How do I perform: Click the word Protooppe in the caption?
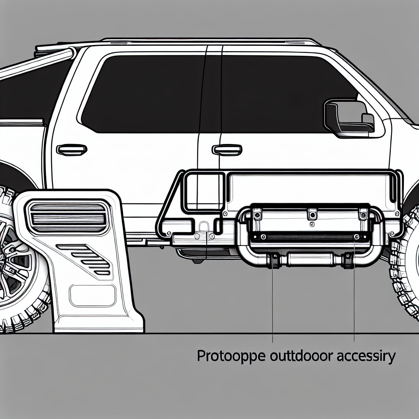(x=231, y=357)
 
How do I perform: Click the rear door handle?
(x=72, y=150)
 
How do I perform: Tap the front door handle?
(x=227, y=150)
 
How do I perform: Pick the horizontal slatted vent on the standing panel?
(x=67, y=217)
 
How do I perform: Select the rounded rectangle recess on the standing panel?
(x=92, y=295)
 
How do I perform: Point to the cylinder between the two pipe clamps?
(x=310, y=259)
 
